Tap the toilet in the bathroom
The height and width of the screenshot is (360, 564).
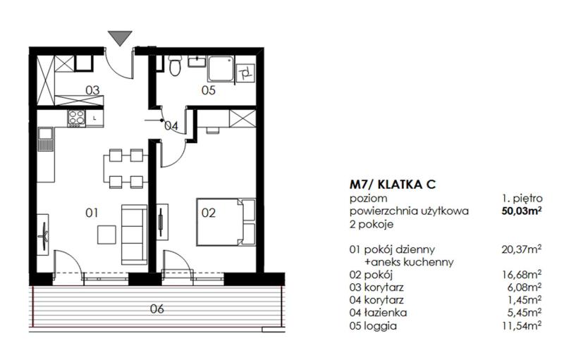[175, 66]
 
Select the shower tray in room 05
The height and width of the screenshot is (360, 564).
[221, 68]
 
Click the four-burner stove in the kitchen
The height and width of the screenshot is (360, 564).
[77, 118]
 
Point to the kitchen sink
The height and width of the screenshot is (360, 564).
[45, 139]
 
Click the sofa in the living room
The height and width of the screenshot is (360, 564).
[135, 235]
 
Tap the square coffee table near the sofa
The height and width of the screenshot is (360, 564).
[106, 235]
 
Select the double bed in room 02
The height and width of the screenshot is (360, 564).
[226, 222]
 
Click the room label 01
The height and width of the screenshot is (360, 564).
[92, 213]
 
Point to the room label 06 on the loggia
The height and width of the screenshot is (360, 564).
[157, 309]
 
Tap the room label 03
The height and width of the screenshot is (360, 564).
[92, 89]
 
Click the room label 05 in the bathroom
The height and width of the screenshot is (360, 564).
[208, 89]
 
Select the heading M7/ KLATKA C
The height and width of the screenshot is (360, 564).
[393, 185]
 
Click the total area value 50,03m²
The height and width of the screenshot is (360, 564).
[522, 211]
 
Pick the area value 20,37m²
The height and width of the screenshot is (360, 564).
[522, 249]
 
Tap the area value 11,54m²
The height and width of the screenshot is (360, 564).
[522, 326]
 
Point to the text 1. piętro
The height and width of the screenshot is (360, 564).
[522, 199]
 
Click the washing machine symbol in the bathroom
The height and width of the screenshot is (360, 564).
[245, 75]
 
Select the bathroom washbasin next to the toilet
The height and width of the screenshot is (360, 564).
[197, 61]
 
